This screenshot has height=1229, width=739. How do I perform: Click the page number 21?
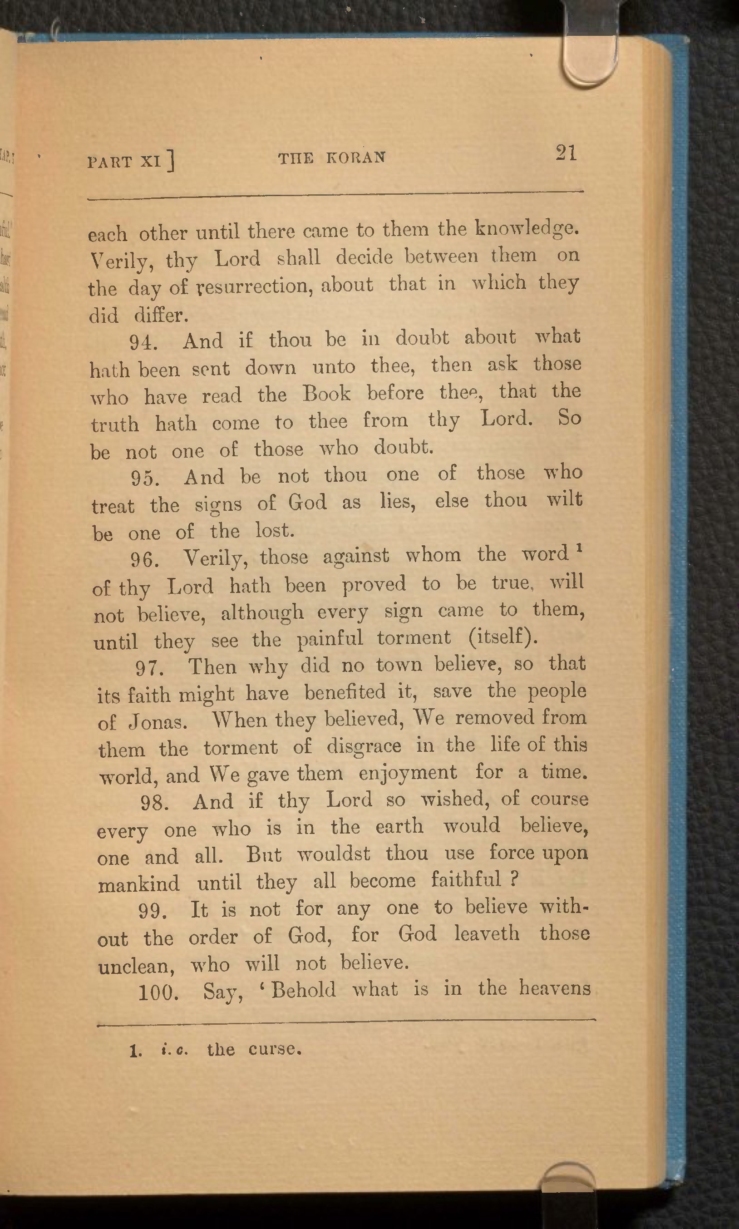tap(566, 153)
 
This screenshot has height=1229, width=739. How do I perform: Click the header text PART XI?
tap(130, 161)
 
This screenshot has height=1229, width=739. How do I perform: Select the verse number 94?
tap(143, 342)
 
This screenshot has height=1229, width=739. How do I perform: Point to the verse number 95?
tap(145, 478)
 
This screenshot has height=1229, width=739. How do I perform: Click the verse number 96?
tap(145, 560)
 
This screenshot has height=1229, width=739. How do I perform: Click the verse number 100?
tap(158, 992)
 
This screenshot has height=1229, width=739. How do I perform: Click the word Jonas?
tap(158, 721)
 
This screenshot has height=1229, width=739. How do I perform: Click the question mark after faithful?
tap(515, 879)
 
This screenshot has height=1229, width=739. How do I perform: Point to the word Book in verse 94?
tap(327, 394)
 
